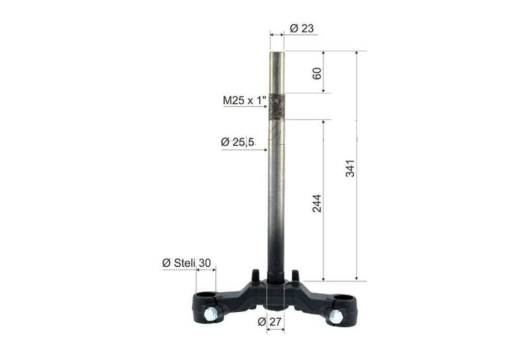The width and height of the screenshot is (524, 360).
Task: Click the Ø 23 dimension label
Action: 301,28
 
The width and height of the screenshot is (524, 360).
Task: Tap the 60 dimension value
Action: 317,73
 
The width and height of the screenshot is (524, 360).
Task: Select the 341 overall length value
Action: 350,168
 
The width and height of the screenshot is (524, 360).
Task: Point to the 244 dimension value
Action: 317,203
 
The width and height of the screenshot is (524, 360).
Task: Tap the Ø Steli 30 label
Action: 187,264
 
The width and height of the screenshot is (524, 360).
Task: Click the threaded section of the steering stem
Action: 277,107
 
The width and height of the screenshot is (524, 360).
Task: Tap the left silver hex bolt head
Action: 210,314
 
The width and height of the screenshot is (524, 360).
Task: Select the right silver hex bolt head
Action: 335,317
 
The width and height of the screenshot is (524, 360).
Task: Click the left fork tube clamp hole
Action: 206,296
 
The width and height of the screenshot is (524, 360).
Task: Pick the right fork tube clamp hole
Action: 343,298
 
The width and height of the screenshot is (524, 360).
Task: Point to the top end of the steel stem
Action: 277,53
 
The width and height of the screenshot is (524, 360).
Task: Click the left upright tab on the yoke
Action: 256,275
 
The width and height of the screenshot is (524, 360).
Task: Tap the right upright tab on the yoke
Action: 296,275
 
